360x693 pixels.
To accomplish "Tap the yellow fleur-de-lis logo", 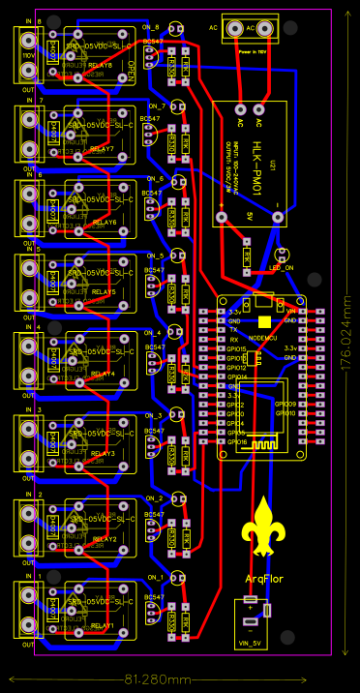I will click(x=263, y=527).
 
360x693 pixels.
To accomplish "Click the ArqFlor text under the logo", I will click(x=263, y=579).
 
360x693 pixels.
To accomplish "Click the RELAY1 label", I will click(x=103, y=626).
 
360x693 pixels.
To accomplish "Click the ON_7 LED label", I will click(x=157, y=105).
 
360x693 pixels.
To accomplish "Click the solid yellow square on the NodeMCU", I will click(x=264, y=321).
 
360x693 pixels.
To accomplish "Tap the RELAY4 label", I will click(x=103, y=373).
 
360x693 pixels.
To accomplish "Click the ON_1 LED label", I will click(x=157, y=577).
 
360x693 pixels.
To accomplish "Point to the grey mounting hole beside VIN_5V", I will click(x=289, y=636).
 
